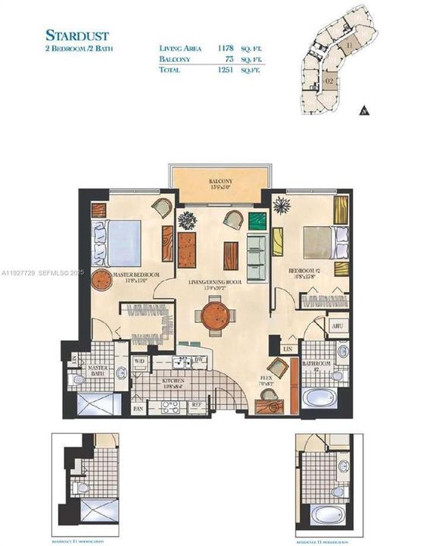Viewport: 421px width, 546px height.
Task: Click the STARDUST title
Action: click(76, 35)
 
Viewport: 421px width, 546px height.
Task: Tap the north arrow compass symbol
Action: click(363, 110)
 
